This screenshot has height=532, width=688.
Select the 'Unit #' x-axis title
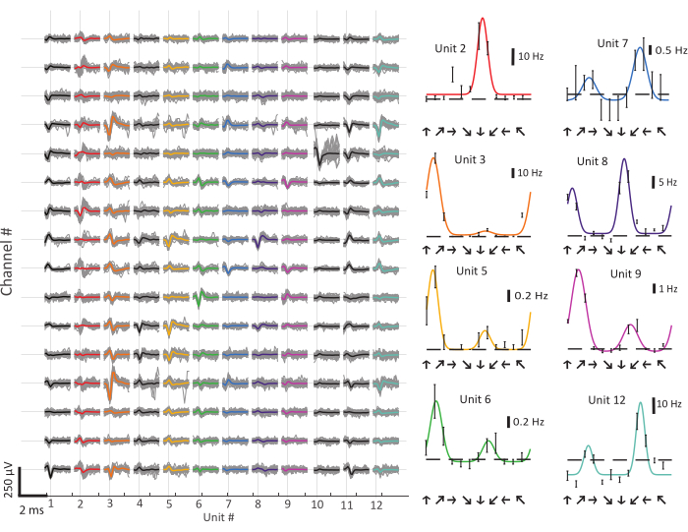(x=219, y=516)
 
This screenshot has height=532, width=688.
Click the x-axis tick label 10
(x=317, y=504)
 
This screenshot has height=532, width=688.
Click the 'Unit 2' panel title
(x=451, y=49)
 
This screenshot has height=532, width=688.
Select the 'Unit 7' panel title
(x=612, y=43)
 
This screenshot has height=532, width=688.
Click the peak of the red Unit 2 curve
(x=483, y=19)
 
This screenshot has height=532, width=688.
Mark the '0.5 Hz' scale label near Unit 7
(x=671, y=50)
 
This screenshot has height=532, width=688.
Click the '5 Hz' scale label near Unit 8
(x=668, y=182)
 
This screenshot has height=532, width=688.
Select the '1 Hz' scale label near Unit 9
(x=668, y=289)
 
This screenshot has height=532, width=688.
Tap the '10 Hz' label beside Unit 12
(x=668, y=403)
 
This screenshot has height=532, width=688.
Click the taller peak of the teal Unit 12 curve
(x=642, y=403)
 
